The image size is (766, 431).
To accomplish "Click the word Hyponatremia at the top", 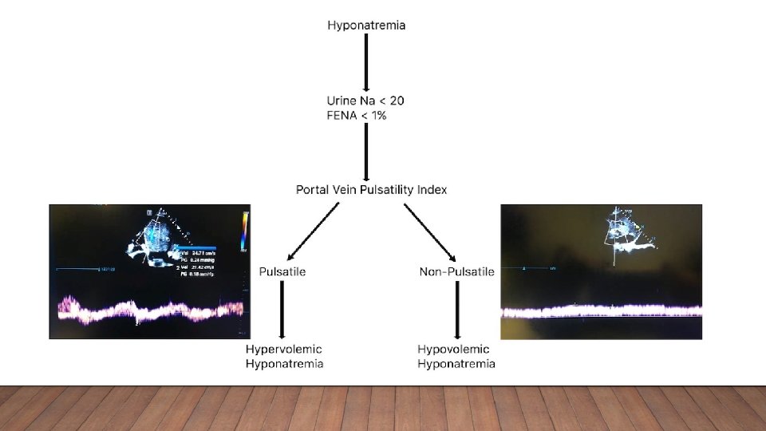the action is [366, 26].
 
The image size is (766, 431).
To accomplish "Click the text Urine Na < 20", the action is [365, 101].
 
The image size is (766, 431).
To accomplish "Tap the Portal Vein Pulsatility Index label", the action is [371, 190].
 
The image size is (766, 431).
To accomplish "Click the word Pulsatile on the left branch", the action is [282, 272].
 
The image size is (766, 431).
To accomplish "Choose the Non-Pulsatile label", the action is [456, 272].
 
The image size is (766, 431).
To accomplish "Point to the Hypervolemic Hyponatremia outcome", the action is [283, 357].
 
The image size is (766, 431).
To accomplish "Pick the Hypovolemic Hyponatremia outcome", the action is [456, 357].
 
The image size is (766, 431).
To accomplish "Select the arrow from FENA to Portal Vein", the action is [366, 152].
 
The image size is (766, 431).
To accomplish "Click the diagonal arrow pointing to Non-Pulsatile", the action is [430, 232].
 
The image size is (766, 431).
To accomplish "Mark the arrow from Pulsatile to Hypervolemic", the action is [282, 310].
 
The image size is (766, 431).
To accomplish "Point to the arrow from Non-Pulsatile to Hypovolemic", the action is [456, 310].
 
